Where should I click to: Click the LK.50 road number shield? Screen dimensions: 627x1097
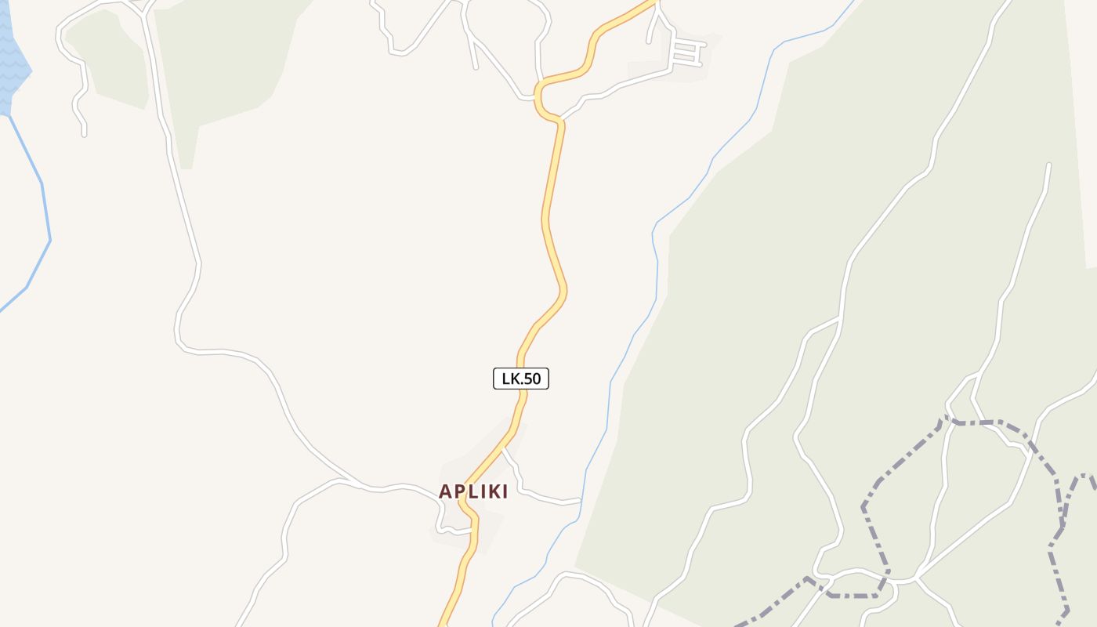coord(521,379)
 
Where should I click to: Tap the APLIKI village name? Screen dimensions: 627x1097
coord(473,491)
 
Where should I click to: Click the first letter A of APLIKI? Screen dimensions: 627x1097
coord(445,491)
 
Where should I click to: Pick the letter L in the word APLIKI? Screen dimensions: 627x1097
coord(472,491)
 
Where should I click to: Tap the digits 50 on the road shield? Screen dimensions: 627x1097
coord(532,379)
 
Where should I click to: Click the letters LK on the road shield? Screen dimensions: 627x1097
coord(511,379)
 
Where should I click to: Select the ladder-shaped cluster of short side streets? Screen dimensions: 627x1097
coord(685,52)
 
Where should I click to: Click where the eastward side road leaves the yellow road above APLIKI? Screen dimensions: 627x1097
coord(503,449)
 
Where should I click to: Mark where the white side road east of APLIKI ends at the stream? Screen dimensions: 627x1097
coord(580,500)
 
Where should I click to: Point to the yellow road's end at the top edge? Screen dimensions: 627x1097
coord(652,2)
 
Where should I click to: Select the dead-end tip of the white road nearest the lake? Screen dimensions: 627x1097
coord(84,134)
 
